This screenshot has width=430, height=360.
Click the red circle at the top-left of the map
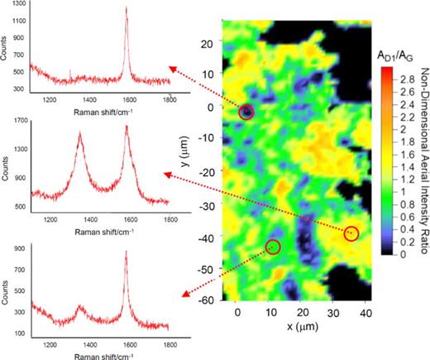click(x=246, y=112)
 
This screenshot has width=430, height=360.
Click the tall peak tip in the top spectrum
click(x=127, y=9)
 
